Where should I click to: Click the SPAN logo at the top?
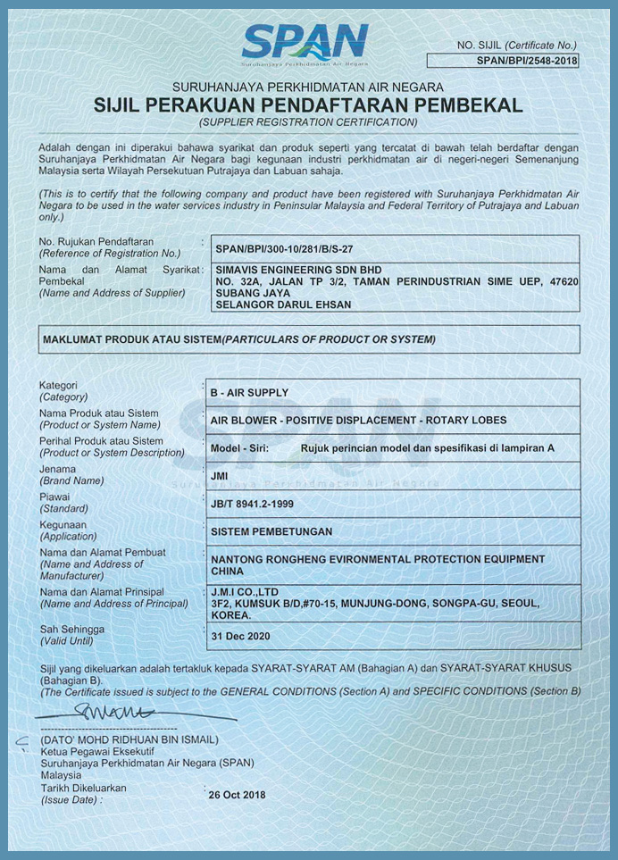tap(305, 42)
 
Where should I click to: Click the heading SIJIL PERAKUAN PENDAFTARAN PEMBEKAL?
tap(308, 105)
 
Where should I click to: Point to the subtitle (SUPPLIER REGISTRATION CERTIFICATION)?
tap(308, 121)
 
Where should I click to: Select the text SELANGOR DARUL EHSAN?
tap(283, 305)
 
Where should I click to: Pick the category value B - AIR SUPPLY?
tap(249, 392)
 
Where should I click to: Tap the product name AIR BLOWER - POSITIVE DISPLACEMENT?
tap(357, 420)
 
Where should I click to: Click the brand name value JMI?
tap(219, 476)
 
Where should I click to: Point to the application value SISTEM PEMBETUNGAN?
tap(271, 531)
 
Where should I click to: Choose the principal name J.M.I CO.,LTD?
tap(245, 591)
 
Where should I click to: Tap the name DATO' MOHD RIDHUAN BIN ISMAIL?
tap(129, 739)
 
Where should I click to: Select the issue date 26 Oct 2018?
tap(237, 795)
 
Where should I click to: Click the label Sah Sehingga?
tap(71, 630)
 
